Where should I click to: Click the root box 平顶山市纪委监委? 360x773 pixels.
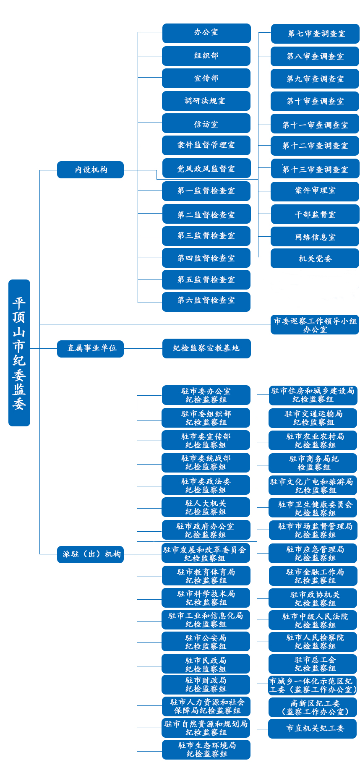(19, 353)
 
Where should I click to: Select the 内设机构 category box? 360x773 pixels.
(91, 170)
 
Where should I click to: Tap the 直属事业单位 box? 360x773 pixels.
(91, 348)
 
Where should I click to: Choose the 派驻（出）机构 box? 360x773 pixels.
(91, 554)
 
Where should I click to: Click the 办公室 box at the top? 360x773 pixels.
(206, 33)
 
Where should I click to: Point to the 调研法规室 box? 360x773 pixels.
(206, 101)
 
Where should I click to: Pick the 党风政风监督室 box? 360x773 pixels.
(206, 168)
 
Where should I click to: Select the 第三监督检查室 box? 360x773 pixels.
(206, 236)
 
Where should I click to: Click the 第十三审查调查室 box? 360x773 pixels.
(315, 169)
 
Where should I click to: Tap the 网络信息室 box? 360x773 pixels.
(315, 236)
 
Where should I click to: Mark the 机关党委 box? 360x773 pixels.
(315, 258)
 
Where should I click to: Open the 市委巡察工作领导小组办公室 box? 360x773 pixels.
(315, 325)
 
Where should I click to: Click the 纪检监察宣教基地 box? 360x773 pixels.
(206, 348)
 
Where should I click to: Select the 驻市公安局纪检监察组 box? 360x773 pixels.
(206, 642)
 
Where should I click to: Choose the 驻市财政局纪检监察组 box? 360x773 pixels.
(206, 684)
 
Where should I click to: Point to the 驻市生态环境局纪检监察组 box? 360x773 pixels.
(206, 749)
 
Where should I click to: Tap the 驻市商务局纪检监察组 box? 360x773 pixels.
(313, 463)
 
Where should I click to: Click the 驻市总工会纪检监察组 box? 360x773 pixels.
(313, 664)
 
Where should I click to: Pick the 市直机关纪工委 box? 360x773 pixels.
(313, 729)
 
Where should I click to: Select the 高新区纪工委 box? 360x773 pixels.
(313, 707)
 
